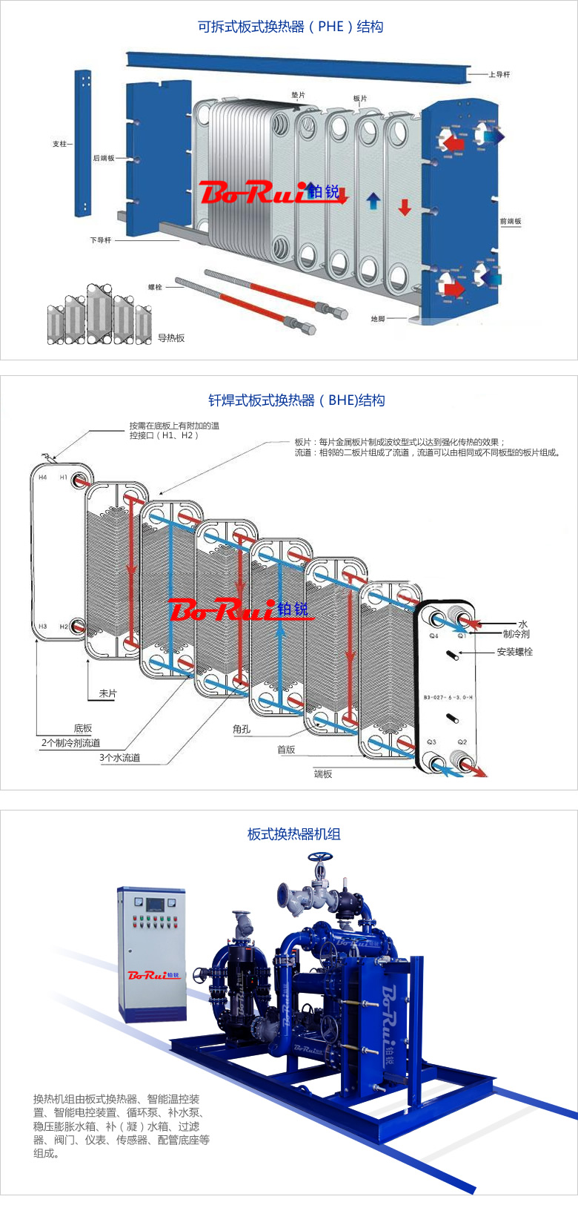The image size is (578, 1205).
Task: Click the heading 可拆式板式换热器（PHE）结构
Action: pos(290,27)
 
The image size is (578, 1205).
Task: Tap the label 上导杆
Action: pos(499,74)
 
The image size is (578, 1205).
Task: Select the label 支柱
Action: pos(60,144)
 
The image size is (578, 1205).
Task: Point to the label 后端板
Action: pos(103,158)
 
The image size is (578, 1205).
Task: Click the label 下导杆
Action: pos(101,240)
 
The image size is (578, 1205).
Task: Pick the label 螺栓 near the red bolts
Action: pos(155,287)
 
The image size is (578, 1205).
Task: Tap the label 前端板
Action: pos(510,221)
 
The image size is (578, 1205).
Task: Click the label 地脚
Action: pos(378,319)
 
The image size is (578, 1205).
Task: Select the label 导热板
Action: pos(171,338)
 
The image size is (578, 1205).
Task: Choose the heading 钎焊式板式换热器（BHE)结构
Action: pos(296,400)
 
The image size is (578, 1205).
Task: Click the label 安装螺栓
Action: pos(514,652)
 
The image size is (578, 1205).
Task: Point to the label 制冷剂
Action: pos(516,634)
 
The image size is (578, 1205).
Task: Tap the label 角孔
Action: pos(242,729)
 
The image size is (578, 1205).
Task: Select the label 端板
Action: pos(323,774)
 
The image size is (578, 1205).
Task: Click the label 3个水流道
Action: pos(120,758)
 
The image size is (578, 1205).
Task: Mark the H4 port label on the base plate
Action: pos(42,478)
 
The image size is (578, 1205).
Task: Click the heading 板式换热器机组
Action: pos(293,834)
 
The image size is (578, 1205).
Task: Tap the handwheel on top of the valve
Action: pos(320,857)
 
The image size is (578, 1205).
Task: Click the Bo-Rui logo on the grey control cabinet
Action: pos(154,975)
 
